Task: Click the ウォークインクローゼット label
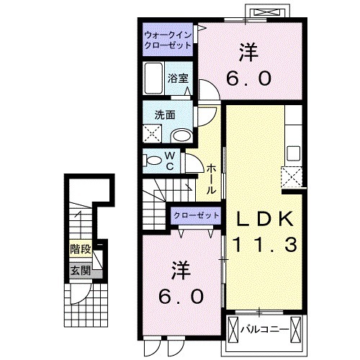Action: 166,39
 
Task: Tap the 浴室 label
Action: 179,78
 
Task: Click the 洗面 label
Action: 164,114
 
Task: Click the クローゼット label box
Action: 196,215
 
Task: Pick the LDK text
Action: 263,217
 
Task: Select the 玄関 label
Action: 80,271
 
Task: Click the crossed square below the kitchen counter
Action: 292,176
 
